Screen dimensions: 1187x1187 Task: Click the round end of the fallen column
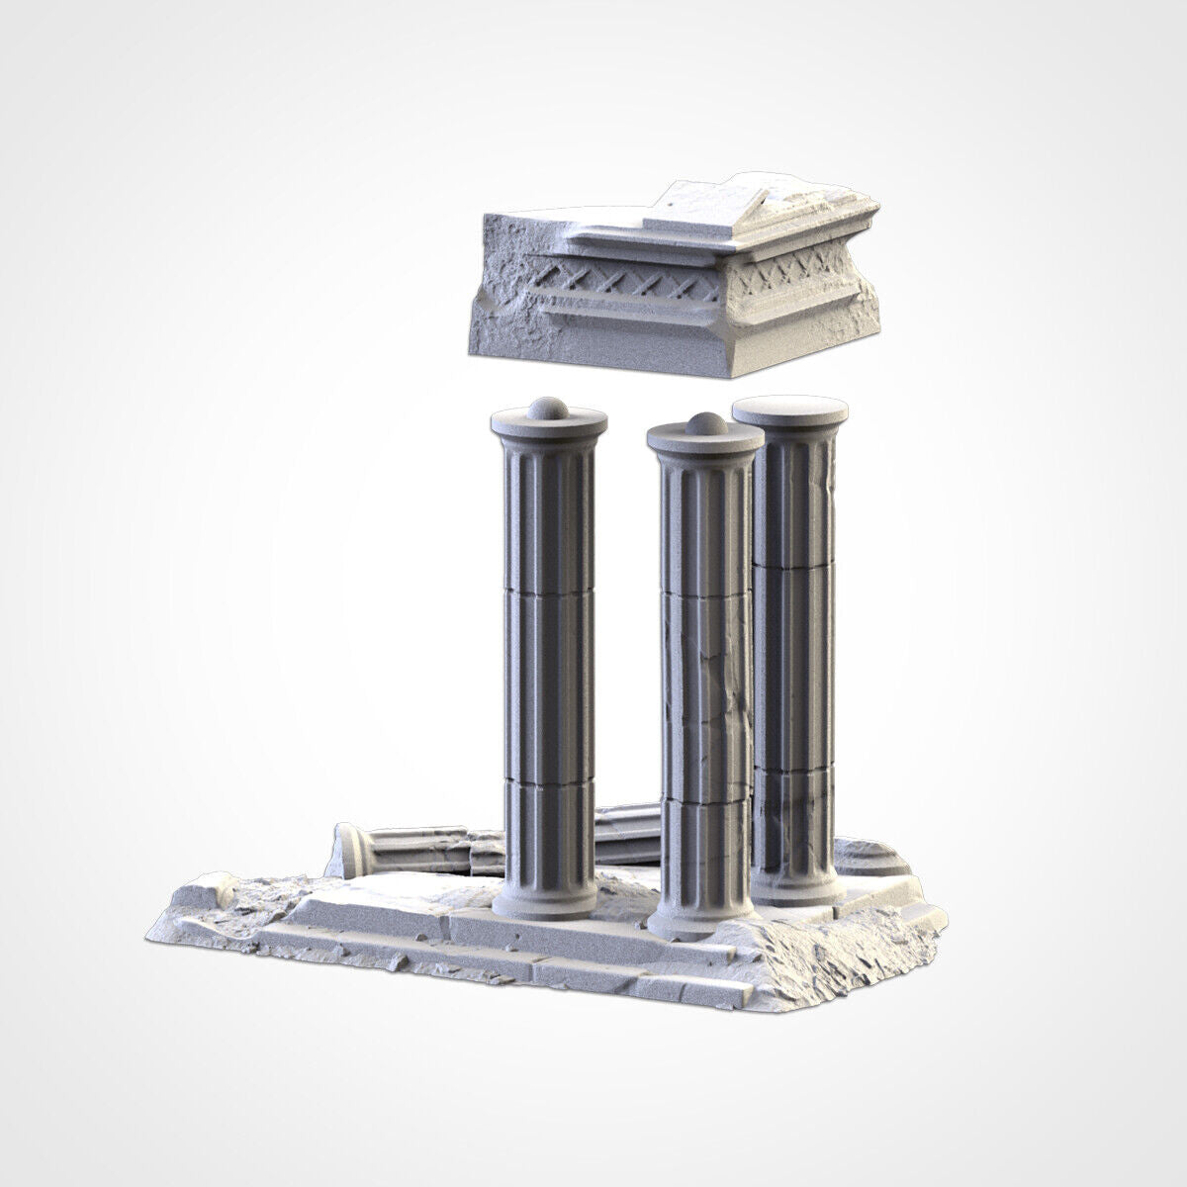[x=353, y=849]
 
